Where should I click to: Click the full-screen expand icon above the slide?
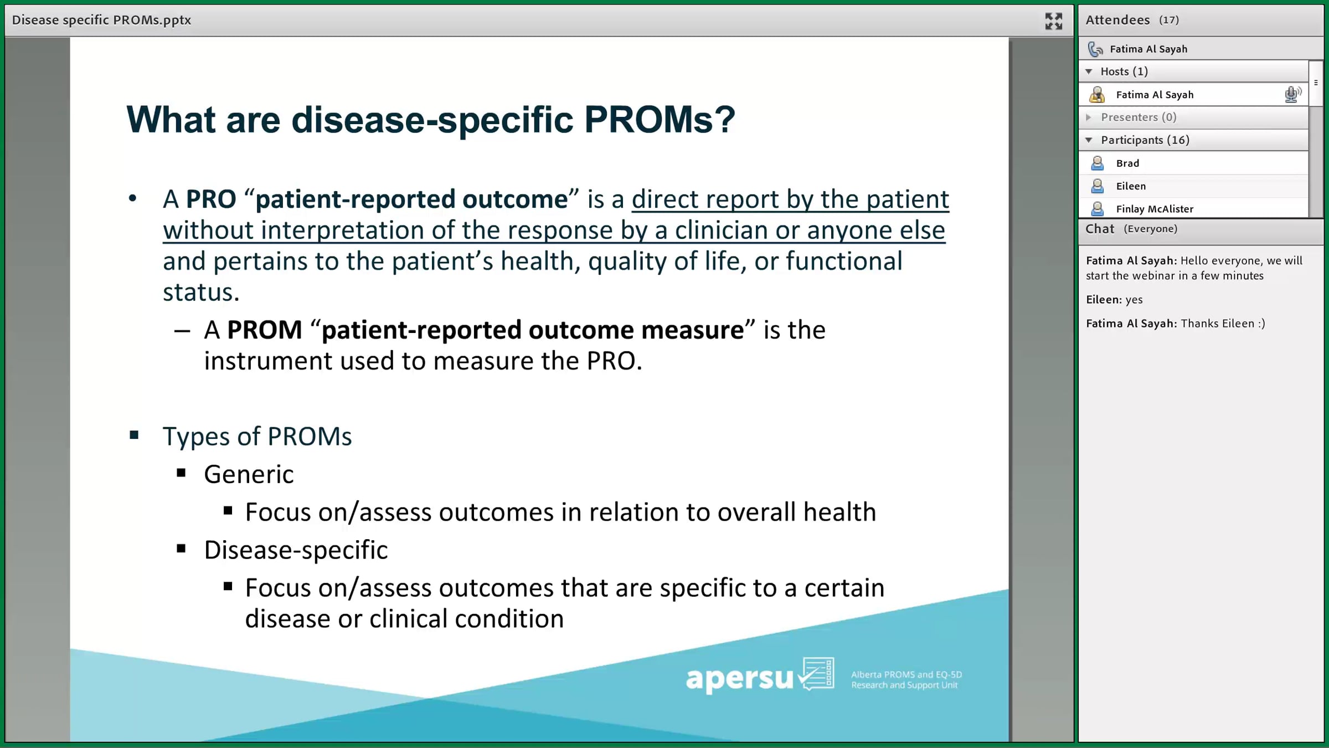[x=1053, y=21]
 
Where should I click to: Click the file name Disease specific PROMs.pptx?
[x=101, y=20]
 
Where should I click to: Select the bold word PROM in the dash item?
[x=264, y=330]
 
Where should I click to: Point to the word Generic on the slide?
[x=249, y=474]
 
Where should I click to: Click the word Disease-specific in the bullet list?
[x=296, y=550]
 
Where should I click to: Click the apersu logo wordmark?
[x=740, y=678]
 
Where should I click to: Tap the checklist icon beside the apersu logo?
[x=817, y=673]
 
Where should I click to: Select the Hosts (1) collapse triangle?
[x=1089, y=71]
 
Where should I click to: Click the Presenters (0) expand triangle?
[x=1089, y=117]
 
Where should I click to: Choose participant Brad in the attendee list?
[x=1127, y=163]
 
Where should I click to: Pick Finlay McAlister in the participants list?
[x=1155, y=209]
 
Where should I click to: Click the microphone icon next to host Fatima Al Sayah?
[x=1292, y=95]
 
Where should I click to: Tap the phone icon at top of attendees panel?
[x=1095, y=49]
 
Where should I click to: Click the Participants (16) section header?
[x=1145, y=140]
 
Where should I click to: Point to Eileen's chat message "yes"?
[x=1134, y=300]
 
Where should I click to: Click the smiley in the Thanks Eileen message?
[x=1261, y=324]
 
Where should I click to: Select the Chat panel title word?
[x=1100, y=229]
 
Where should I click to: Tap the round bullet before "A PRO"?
[x=132, y=198]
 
